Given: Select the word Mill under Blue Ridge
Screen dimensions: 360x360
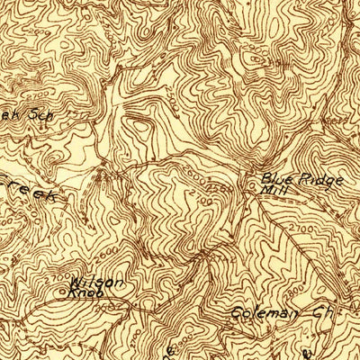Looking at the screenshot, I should (x=271, y=190).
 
